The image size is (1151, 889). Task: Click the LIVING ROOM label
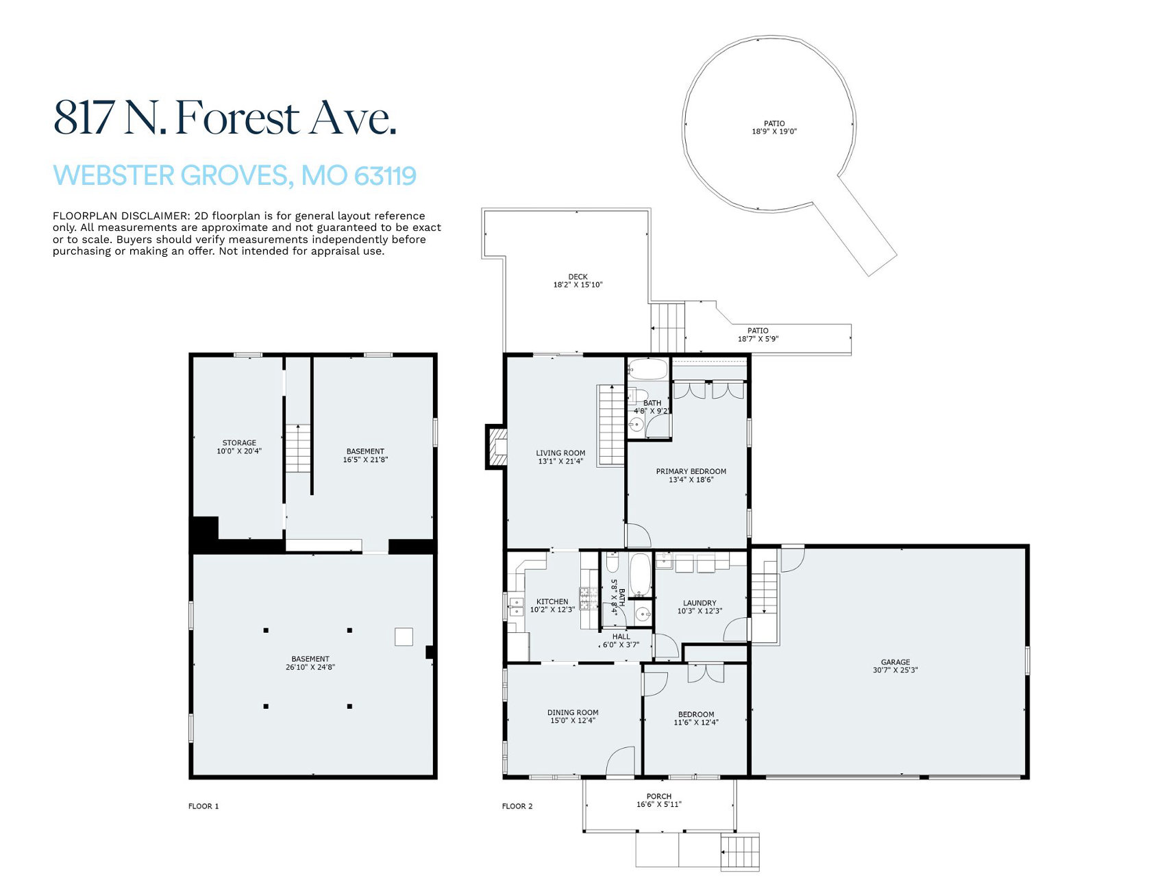point(560,453)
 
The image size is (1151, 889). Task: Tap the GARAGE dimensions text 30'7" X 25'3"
point(895,671)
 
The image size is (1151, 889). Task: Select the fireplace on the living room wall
point(497,447)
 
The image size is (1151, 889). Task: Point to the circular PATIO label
point(774,124)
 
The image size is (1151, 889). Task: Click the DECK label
point(578,277)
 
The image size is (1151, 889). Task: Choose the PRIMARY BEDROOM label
point(691,471)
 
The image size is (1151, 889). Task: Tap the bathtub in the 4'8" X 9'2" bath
point(647,369)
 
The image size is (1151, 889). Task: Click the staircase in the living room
point(611,425)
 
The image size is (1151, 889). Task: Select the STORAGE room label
point(239,443)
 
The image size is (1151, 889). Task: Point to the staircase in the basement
point(298,448)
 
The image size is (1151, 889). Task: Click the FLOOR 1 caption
point(203,806)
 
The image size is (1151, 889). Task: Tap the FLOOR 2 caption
point(517,806)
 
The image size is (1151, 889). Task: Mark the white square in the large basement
point(404,637)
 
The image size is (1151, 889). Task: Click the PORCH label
point(658,797)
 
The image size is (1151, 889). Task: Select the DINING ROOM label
point(573,713)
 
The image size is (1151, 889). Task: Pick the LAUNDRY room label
point(700,603)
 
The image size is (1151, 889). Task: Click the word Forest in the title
point(237,118)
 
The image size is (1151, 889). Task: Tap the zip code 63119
point(386,176)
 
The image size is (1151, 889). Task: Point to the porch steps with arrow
point(740,851)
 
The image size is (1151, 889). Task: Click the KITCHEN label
point(552,602)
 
